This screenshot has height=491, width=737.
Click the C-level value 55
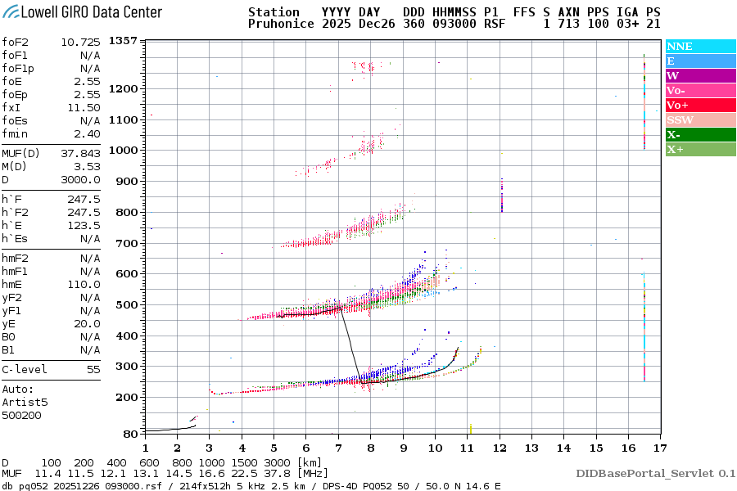pyautogui.click(x=93, y=369)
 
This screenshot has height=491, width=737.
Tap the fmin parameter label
pyautogui.click(x=16, y=133)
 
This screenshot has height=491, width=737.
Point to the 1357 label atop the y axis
pyautogui.click(x=123, y=41)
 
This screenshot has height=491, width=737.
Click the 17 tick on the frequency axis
pyautogui.click(x=660, y=447)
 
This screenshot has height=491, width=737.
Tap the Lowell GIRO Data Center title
pyautogui.click(x=82, y=11)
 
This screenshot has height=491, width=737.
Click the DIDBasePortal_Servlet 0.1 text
pyautogui.click(x=655, y=473)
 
